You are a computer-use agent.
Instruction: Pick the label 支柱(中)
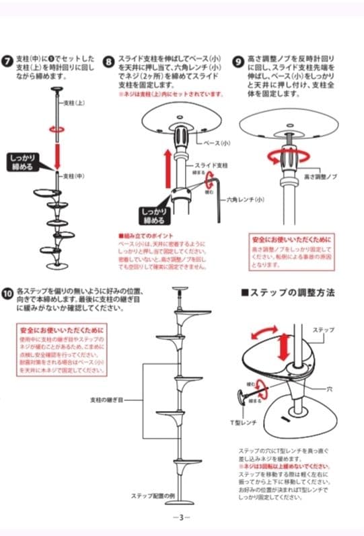coord(73,175)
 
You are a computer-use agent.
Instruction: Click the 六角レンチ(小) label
coord(246,199)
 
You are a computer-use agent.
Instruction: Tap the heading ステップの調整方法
coord(287,293)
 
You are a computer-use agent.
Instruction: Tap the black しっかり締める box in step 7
coord(25,162)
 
